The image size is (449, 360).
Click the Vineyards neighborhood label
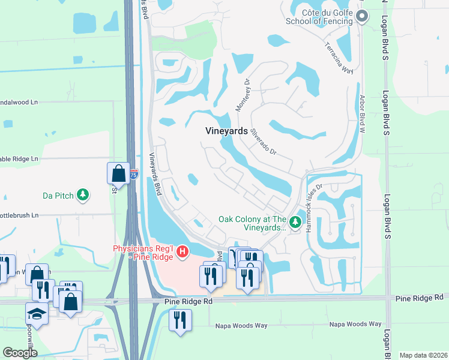[226, 130]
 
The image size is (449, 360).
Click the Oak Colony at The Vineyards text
[252, 224]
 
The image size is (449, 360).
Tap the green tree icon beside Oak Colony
[295, 223]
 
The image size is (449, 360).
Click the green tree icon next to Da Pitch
[83, 194]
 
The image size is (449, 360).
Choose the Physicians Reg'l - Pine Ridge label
[143, 253]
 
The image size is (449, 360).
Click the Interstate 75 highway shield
[134, 175]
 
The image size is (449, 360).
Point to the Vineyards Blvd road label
[155, 179]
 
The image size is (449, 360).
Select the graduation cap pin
[37, 314]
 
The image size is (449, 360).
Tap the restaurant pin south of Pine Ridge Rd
[180, 320]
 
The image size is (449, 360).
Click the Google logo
[20, 353]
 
